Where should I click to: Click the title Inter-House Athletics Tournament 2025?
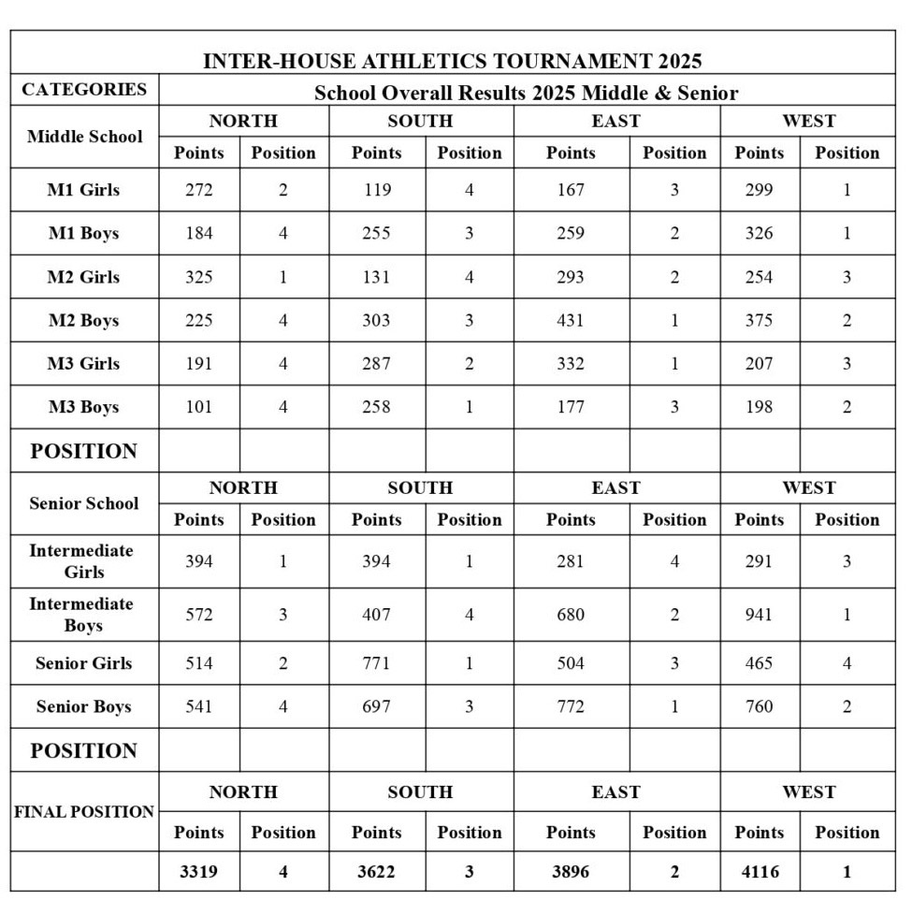tap(452, 62)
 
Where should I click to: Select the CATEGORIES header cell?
tap(84, 90)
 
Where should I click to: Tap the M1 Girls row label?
tap(84, 190)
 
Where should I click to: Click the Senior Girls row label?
tap(84, 663)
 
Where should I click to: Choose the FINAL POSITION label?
tap(84, 812)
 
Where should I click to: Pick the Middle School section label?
tap(84, 137)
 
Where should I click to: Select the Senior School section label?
tap(84, 503)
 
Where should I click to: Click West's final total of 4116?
tap(760, 872)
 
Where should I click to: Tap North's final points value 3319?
tap(198, 872)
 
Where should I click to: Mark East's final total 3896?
tap(571, 872)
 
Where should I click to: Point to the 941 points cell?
tap(760, 615)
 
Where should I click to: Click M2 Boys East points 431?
tap(571, 320)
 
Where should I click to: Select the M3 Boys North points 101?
tap(198, 407)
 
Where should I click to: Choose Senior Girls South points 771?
tap(376, 663)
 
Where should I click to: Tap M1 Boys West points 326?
tap(760, 233)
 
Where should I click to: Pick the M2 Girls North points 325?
tap(198, 277)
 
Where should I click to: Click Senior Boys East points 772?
tap(571, 706)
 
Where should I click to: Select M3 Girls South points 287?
tap(376, 363)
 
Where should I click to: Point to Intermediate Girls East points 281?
tap(571, 561)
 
